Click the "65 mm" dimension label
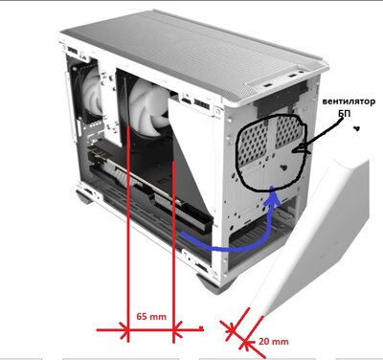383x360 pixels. tap(151, 315)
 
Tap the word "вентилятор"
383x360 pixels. tap(349, 100)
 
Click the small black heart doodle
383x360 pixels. tap(356, 134)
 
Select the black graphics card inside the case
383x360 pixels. tap(144, 191)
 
